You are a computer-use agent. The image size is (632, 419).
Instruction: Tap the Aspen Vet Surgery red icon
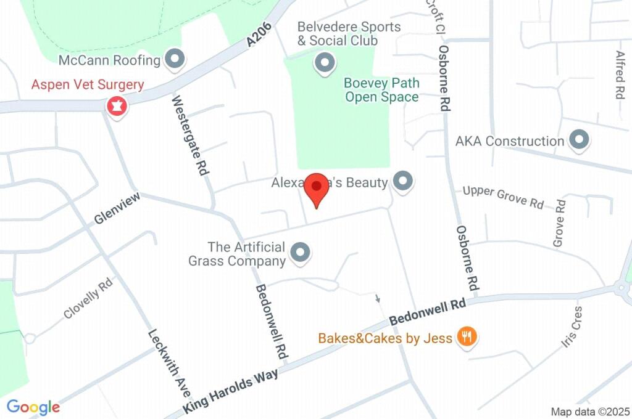pos(116,106)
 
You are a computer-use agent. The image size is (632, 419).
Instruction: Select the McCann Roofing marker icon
pos(177,60)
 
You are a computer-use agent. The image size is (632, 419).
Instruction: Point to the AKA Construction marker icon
pos(579,140)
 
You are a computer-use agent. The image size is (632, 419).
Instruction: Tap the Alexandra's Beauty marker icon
pos(403,182)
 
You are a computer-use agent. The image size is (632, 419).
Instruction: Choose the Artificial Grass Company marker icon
pos(301,253)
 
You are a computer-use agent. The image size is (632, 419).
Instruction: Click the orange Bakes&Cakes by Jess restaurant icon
pos(466,337)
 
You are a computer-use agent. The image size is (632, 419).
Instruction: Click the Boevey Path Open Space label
pos(381,90)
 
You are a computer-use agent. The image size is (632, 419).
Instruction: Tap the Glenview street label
pos(117,208)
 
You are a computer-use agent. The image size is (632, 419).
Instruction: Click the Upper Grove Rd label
pos(503,196)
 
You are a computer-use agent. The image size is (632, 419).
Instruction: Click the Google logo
pos(33,407)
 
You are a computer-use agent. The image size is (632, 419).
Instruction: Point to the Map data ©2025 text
pos(591,411)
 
